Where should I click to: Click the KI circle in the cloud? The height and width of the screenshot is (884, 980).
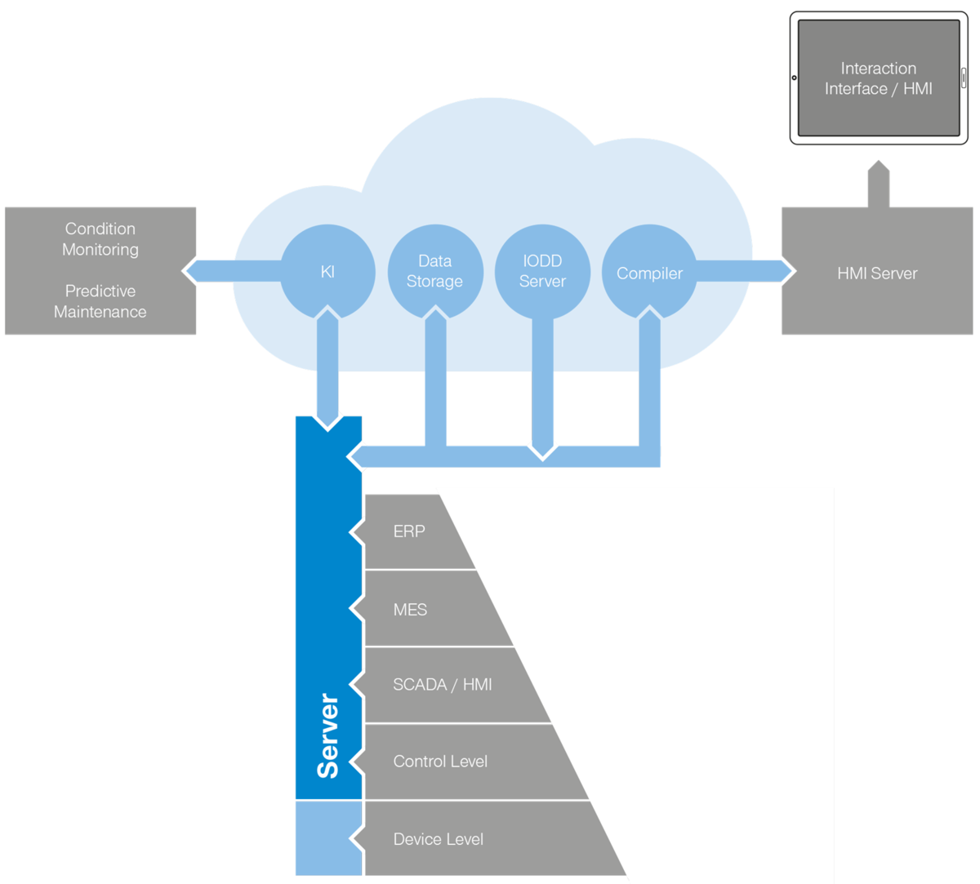coord(327,272)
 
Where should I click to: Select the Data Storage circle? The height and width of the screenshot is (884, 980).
coord(434,272)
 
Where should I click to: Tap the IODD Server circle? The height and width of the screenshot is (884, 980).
coord(542,272)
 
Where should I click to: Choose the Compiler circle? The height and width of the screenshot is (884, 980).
coord(649,272)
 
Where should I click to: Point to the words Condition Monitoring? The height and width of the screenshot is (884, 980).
coord(100,239)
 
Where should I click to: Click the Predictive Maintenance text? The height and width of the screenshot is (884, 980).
coord(100,301)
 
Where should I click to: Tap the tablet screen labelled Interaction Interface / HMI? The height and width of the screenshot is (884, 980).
coord(879,78)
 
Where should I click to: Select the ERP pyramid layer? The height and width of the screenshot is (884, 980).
coord(415,531)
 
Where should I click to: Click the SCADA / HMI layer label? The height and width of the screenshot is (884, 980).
coord(442,684)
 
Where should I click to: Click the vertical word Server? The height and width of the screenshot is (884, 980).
coord(327,735)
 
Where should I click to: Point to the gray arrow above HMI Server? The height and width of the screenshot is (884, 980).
coord(879,184)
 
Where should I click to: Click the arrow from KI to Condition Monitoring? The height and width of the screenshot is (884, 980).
coord(234,271)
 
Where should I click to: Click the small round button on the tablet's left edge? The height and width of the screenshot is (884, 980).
coord(794,78)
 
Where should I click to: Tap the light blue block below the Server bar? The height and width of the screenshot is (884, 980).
coord(329,838)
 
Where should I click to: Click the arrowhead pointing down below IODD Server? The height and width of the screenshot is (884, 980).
coord(542,451)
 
